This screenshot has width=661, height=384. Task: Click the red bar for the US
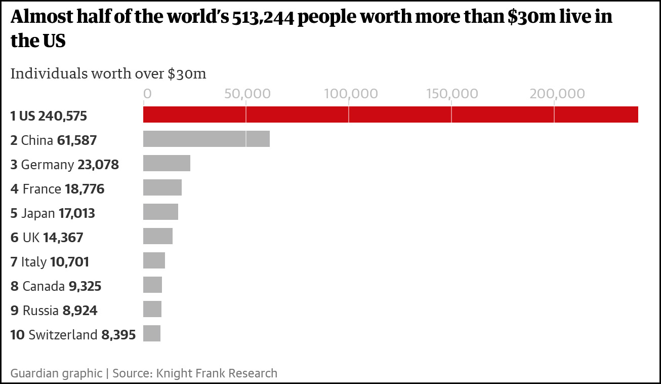coord(390,114)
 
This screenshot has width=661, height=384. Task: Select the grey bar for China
coord(206,139)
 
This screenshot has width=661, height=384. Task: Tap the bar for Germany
coord(167,163)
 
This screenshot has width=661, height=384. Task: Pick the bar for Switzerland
coord(152,333)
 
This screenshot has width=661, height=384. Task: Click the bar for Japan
coord(160,212)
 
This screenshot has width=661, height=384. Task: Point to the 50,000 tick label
coord(245,94)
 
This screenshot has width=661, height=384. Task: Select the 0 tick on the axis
coord(147,94)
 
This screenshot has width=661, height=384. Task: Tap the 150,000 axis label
coord(452,94)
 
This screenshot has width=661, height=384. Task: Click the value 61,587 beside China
coord(77,140)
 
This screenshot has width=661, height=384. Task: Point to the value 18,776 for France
coord(85,189)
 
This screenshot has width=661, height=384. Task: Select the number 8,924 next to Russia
coord(80,311)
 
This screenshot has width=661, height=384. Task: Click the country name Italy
coord(34,262)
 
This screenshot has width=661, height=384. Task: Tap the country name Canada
coord(44,286)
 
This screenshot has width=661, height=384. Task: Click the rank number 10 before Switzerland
coord(17,335)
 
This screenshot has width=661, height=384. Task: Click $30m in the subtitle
coord(187,73)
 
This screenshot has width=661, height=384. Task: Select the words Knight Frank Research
coord(217,373)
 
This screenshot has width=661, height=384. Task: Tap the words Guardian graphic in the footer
coord(56,373)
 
